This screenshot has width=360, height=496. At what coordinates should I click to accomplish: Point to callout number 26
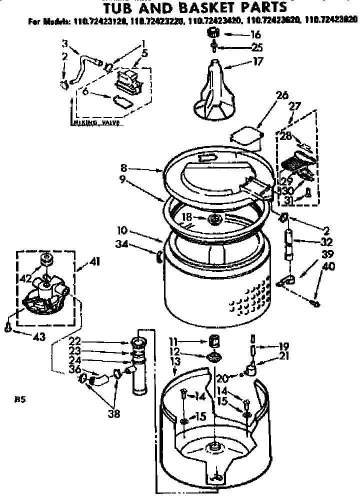pyautogui.click(x=281, y=95)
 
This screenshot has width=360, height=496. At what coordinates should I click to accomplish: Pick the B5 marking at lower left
pyautogui.click(x=20, y=399)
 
